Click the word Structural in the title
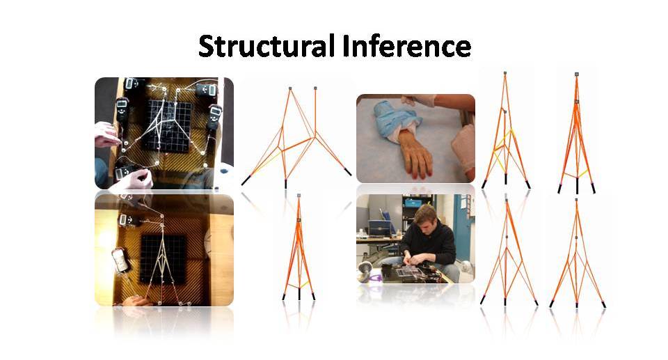(267, 46)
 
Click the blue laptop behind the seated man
(380, 227)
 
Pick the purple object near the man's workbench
(374, 278)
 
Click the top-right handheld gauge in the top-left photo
(207, 91)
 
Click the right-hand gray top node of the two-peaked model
(315, 88)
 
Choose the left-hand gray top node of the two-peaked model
(290, 88)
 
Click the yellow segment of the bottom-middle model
(304, 283)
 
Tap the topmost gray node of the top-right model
(576, 75)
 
